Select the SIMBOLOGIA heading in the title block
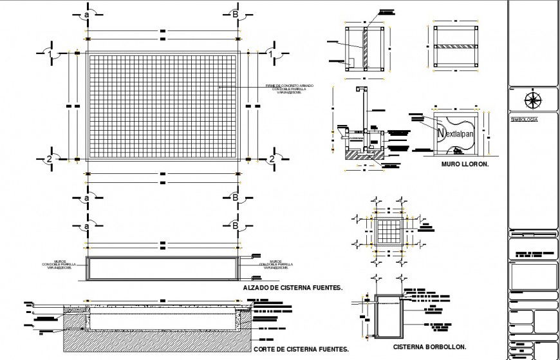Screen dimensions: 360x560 (x=523, y=119)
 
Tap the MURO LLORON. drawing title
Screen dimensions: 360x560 (x=465, y=164)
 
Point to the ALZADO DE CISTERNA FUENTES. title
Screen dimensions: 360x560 (x=292, y=289)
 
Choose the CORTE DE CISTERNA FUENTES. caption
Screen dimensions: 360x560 (x=301, y=350)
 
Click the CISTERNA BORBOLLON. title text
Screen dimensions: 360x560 (x=429, y=346)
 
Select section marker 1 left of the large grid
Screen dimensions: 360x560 (x=49, y=55)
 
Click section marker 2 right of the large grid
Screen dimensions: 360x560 (x=272, y=158)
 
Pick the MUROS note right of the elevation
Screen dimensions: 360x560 (x=277, y=265)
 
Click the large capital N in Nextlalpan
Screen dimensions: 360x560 (x=442, y=133)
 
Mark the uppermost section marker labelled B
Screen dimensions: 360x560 (x=235, y=14)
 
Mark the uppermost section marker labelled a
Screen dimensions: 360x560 (x=86, y=14)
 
